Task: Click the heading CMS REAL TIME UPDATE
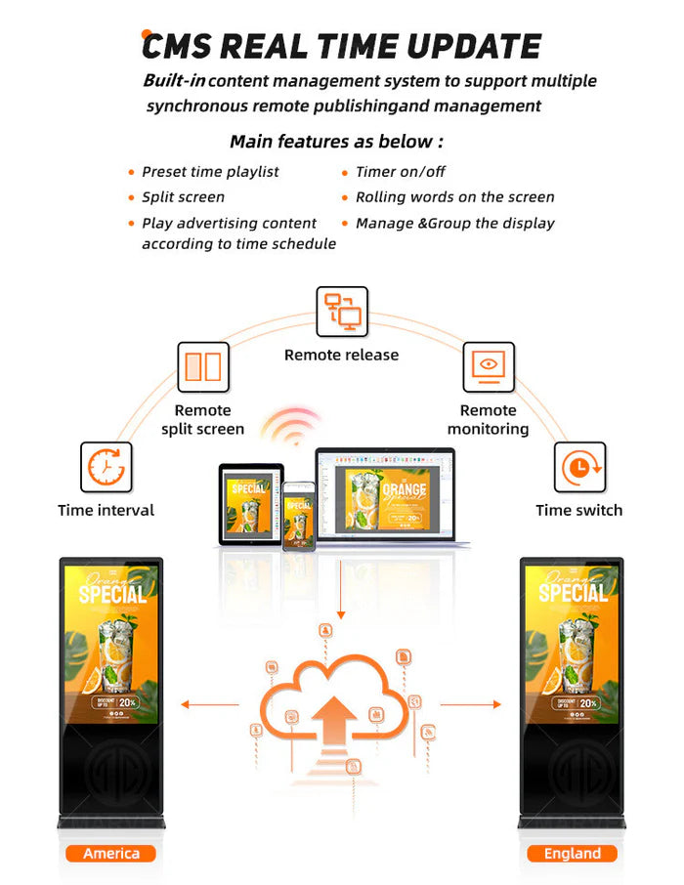click(341, 46)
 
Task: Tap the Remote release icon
click(341, 312)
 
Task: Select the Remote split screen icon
click(202, 367)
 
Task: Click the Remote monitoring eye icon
click(488, 367)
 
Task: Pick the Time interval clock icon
click(106, 467)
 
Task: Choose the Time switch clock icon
click(579, 467)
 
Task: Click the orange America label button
click(110, 853)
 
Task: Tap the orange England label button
click(572, 853)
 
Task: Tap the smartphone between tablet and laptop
click(299, 516)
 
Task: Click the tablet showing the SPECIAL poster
click(250, 503)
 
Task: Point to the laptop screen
click(385, 495)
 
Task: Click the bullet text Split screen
click(183, 197)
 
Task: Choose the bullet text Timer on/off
click(401, 172)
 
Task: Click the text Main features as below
click(336, 142)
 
